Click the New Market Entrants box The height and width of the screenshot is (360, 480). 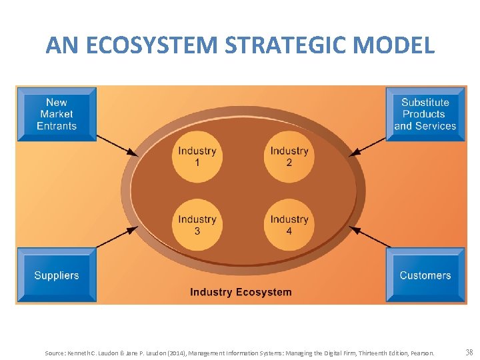click(x=57, y=114)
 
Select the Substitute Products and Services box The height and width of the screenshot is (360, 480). click(x=425, y=114)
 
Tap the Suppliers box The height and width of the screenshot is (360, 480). click(x=57, y=275)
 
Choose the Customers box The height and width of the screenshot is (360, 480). click(x=425, y=275)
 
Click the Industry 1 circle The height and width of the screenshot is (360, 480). click(x=197, y=157)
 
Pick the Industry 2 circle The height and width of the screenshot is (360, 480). click(x=289, y=157)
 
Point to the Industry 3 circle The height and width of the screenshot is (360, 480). click(x=197, y=225)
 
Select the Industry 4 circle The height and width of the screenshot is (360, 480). click(x=289, y=225)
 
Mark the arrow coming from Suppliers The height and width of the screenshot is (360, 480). click(x=117, y=237)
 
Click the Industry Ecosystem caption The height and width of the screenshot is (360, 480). click(x=241, y=292)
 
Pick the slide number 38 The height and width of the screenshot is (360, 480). click(x=469, y=352)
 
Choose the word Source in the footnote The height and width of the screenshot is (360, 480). click(x=55, y=353)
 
